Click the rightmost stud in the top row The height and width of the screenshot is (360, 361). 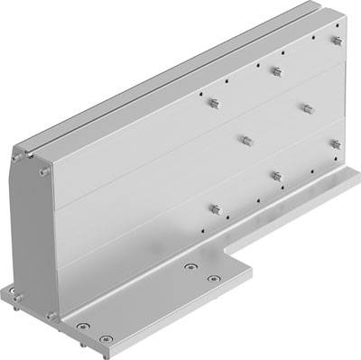pyautogui.click(x=336, y=42)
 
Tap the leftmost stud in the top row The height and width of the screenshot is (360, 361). pyautogui.click(x=215, y=102)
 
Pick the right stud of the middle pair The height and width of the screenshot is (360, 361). pyautogui.click(x=305, y=107)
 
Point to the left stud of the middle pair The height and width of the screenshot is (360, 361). pyautogui.click(x=244, y=140)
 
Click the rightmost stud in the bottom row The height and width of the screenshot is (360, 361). pyautogui.click(x=336, y=143)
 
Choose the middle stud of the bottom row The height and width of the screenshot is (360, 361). pyautogui.click(x=276, y=175)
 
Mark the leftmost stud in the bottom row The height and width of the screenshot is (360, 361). pyautogui.click(x=216, y=209)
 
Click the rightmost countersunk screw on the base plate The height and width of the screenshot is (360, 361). pyautogui.click(x=213, y=279)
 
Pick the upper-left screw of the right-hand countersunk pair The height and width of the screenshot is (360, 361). pyautogui.click(x=190, y=267)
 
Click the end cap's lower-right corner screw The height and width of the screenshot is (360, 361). pyautogui.click(x=51, y=315)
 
